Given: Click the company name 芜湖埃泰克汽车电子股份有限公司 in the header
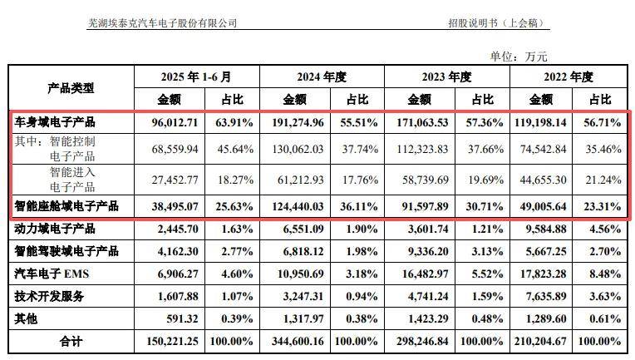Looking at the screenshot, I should pos(162,23).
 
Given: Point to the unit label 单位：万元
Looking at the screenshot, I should pos(519,57).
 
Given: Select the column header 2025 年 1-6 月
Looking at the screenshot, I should pos(197,77).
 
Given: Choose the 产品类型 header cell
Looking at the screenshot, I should pos(71,87).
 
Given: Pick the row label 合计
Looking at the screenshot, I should pos(71,340).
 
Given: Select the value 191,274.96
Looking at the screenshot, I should pos(297,122).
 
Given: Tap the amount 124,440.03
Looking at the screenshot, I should pos(297,205).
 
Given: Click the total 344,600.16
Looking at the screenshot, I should pos(297,340).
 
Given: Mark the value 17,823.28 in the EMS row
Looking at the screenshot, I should pos(549,273).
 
